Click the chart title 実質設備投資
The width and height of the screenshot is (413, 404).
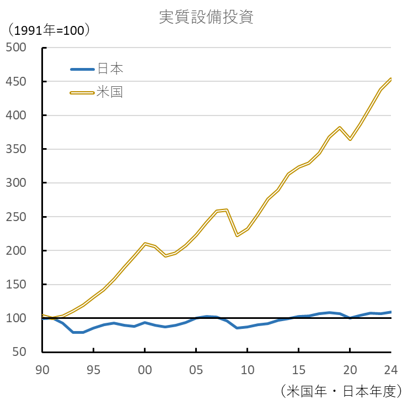tap(206, 17)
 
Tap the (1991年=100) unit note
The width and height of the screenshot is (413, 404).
tap(48, 30)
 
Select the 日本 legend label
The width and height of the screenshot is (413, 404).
tap(110, 69)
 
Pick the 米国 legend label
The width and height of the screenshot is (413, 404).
tap(110, 92)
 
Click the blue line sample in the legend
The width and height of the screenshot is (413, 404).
tap(82, 70)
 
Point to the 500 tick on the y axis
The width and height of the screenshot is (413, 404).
tap(16, 48)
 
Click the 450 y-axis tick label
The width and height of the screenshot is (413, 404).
tap(16, 82)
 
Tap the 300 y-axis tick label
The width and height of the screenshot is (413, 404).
tap(16, 183)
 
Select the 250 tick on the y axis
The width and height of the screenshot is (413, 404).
tap(16, 217)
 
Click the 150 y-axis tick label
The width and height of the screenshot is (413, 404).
tap(16, 285)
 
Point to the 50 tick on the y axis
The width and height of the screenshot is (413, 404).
tap(19, 352)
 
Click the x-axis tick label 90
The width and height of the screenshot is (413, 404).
tap(42, 368)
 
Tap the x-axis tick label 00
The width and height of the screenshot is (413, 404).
tap(144, 368)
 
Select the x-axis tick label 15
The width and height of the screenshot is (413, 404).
tap(298, 368)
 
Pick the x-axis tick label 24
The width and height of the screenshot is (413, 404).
tap(390, 368)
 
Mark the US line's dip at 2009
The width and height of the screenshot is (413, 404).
tap(237, 236)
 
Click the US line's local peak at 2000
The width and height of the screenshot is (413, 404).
tap(144, 244)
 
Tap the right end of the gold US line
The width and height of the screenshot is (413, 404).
tap(390, 79)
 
